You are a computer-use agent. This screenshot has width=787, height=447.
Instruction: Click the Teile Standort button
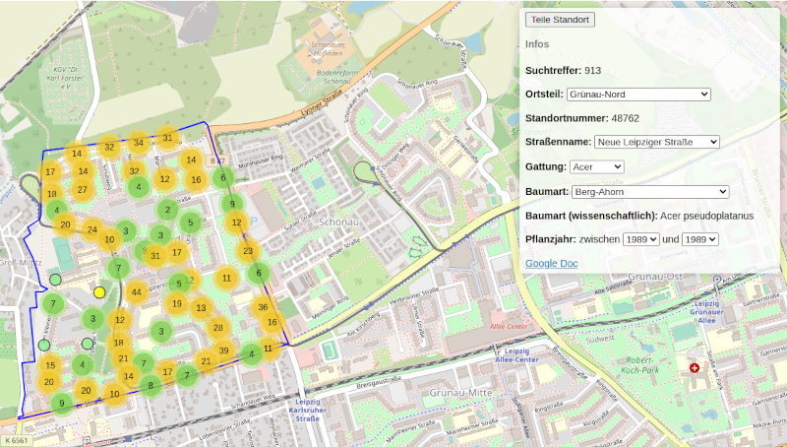click(560, 20)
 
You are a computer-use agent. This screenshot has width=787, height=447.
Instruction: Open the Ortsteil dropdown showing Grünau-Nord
click(638, 94)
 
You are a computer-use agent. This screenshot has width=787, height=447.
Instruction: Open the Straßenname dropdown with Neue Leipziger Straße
click(656, 142)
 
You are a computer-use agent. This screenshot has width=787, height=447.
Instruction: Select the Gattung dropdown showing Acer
click(596, 166)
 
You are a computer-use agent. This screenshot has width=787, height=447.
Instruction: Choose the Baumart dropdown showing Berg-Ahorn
click(650, 191)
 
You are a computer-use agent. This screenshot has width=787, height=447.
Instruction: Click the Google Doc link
click(551, 264)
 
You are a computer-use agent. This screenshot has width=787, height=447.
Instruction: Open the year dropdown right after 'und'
click(700, 239)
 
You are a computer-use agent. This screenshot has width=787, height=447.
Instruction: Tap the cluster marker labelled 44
click(137, 292)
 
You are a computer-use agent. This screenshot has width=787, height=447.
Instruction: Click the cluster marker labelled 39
click(224, 351)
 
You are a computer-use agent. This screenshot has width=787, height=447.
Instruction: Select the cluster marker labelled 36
click(263, 307)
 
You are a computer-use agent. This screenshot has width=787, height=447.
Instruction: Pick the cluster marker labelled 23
click(248, 250)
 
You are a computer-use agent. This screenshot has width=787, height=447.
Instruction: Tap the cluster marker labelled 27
click(82, 189)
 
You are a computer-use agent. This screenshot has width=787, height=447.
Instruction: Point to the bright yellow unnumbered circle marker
click(98, 292)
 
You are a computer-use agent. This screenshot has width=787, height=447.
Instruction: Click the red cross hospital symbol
click(695, 367)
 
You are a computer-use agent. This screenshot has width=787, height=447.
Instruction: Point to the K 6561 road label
click(18, 440)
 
